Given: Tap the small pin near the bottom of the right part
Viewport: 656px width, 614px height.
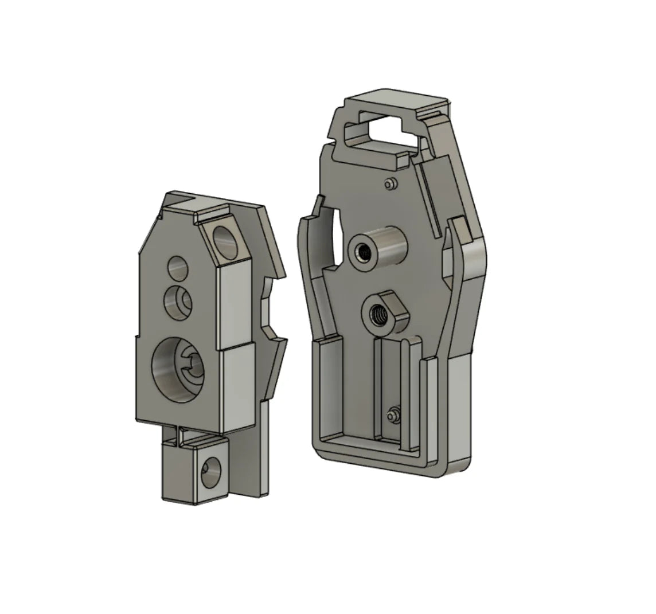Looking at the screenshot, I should [393, 414].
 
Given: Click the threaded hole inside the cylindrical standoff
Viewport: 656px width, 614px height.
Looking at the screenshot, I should [363, 251].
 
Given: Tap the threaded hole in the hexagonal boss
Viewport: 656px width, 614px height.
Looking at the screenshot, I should [379, 315].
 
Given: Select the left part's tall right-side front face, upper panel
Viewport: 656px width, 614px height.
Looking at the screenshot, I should [235, 304].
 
